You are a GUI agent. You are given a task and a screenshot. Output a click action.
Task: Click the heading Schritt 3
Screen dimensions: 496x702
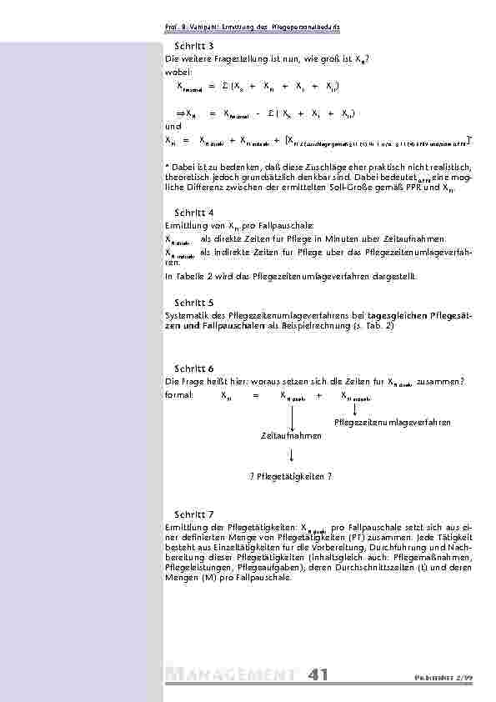pos(194,46)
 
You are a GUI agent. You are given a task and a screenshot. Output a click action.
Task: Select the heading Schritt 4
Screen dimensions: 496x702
pos(194,213)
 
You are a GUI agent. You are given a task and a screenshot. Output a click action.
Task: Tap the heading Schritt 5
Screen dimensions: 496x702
pos(194,303)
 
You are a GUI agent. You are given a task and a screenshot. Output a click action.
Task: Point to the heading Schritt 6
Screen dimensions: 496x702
pos(194,368)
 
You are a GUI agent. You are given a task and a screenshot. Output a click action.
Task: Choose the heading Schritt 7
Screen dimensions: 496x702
pos(194,514)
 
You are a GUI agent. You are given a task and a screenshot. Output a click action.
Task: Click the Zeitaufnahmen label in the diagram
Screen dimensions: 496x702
pos(291,435)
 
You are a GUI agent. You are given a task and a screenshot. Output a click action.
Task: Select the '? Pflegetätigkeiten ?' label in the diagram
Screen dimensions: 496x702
pos(291,476)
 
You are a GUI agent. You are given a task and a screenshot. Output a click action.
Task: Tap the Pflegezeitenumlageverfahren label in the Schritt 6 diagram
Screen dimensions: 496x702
pos(393,423)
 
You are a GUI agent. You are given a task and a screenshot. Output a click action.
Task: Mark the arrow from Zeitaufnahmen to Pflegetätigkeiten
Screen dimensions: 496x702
pos(292,455)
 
